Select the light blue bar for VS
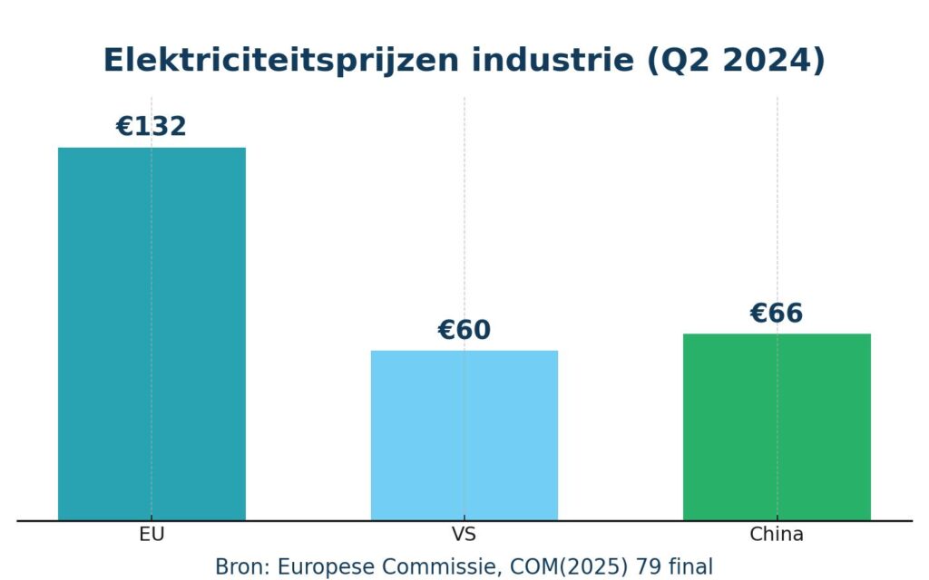(x=464, y=435)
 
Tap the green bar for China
(x=777, y=427)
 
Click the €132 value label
(x=152, y=127)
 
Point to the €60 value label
(x=464, y=331)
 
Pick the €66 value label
(x=777, y=314)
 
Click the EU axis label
(x=152, y=535)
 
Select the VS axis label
(x=464, y=535)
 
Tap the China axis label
(x=777, y=535)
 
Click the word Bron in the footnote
(x=240, y=567)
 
